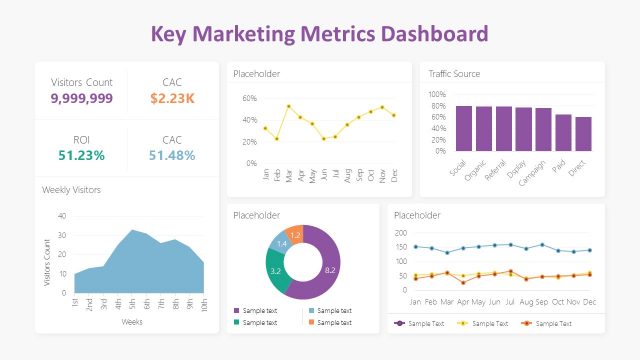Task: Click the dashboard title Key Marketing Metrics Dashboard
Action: pyautogui.click(x=320, y=33)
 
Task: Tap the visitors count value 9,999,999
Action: pyautogui.click(x=81, y=98)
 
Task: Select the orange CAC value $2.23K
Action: pyautogui.click(x=172, y=98)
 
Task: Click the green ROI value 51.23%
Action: pyautogui.click(x=81, y=156)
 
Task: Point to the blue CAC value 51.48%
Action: pyautogui.click(x=172, y=156)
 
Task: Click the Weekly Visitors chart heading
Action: pyautogui.click(x=71, y=189)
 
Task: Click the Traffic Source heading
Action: pyautogui.click(x=454, y=74)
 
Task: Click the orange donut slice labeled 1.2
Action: pyautogui.click(x=295, y=234)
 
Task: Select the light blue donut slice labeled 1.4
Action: pyautogui.click(x=281, y=244)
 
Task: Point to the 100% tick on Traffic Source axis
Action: pyautogui.click(x=437, y=95)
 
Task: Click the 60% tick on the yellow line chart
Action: pyautogui.click(x=250, y=99)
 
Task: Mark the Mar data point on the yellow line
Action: pyautogui.click(x=288, y=106)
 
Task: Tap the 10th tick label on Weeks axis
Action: pyautogui.click(x=204, y=305)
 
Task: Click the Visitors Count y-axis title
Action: pyautogui.click(x=46, y=263)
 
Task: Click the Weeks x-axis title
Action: pyautogui.click(x=132, y=322)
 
